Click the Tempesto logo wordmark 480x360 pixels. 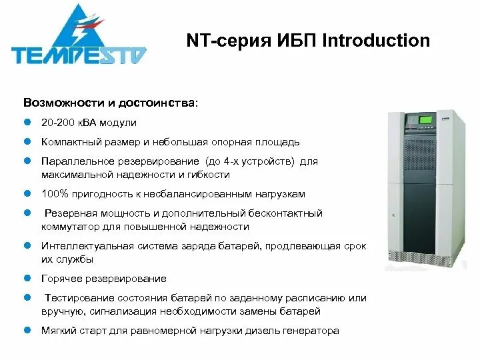(79, 54)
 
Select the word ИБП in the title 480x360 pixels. (294, 41)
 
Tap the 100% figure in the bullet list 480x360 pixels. (54, 194)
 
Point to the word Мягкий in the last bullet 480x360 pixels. (59, 331)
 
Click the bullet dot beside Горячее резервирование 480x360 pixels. (28, 279)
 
